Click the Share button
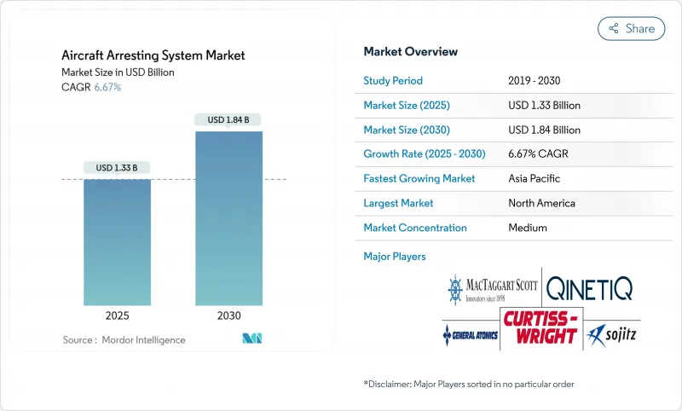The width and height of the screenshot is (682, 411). (x=631, y=28)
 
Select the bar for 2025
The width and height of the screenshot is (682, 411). (x=117, y=242)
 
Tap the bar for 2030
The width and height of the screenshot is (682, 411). (x=228, y=218)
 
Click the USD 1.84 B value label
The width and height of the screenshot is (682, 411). (x=228, y=120)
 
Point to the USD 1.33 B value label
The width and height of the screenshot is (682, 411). (x=117, y=167)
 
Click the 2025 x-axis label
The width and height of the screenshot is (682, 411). (x=117, y=315)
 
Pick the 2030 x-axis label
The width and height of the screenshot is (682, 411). (x=228, y=315)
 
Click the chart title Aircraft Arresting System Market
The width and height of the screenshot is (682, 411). (x=153, y=55)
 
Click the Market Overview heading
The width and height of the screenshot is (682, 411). (x=410, y=52)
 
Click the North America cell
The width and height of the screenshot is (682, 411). (x=541, y=203)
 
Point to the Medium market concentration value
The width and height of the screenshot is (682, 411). (x=529, y=228)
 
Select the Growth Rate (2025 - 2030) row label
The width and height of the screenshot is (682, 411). (x=424, y=154)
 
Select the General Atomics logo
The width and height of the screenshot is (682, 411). (x=470, y=333)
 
